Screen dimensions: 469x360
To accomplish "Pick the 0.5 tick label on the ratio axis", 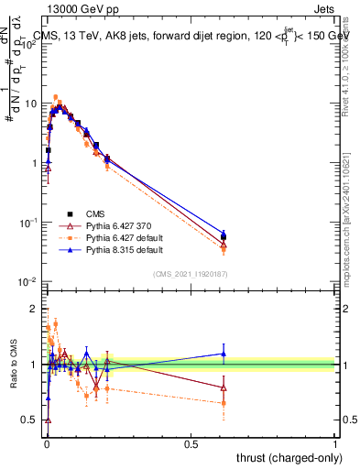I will point(30,420).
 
